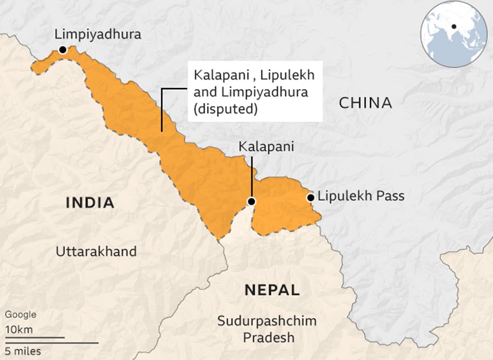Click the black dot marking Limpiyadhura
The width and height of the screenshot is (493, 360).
pyautogui.click(x=62, y=50)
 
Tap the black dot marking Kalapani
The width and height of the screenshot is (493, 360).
pyautogui.click(x=251, y=201)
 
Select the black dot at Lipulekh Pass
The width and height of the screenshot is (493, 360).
pyautogui.click(x=311, y=198)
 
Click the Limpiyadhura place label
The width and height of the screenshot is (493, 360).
pyautogui.click(x=98, y=35)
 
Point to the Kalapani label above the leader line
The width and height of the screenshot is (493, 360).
pyautogui.click(x=267, y=147)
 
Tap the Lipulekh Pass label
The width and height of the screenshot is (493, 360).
pyautogui.click(x=361, y=196)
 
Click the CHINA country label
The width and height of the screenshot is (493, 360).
pyautogui.click(x=365, y=103)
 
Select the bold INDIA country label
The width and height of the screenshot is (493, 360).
pyautogui.click(x=90, y=203)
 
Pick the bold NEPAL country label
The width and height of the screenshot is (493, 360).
pyautogui.click(x=272, y=290)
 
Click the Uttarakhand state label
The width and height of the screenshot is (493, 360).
pyautogui.click(x=96, y=251)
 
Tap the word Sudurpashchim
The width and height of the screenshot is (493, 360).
pyautogui.click(x=267, y=321)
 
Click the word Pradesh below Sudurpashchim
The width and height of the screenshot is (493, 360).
pyautogui.click(x=268, y=337)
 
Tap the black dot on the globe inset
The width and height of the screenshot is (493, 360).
pyautogui.click(x=454, y=27)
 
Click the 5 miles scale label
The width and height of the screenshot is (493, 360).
pyautogui.click(x=23, y=351)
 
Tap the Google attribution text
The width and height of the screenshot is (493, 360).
pyautogui.click(x=21, y=315)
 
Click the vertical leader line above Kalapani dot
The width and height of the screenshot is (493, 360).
pyautogui.click(x=251, y=177)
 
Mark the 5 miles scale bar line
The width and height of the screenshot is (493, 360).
pyautogui.click(x=52, y=343)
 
